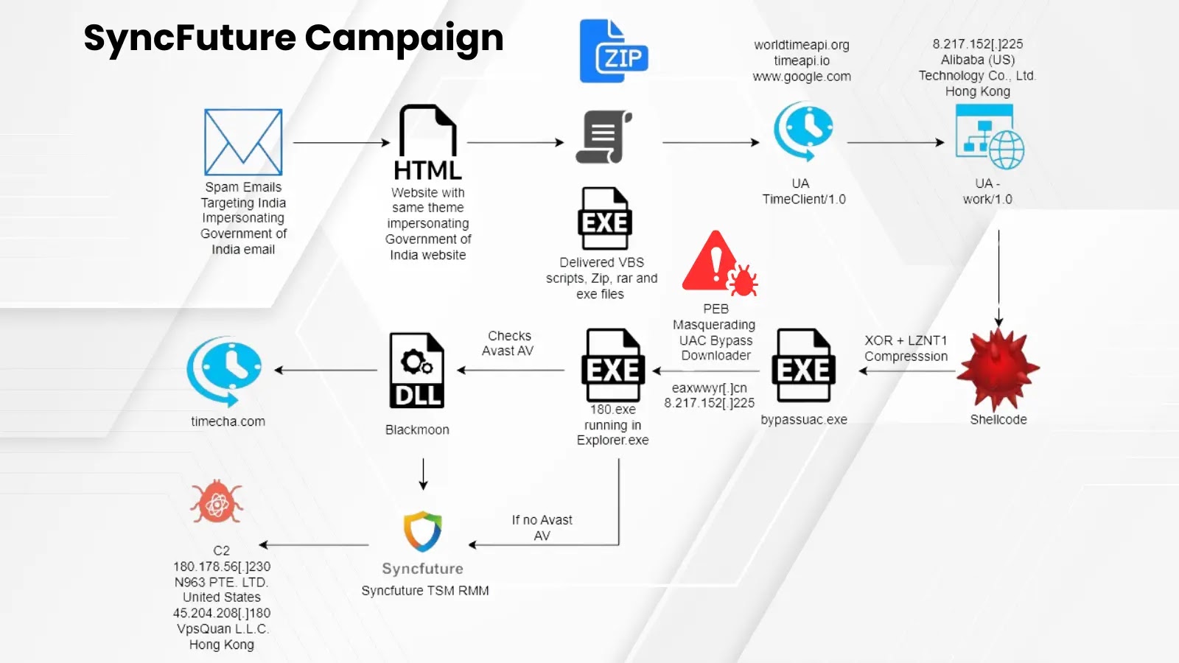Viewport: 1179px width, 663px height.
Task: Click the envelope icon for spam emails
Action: click(243, 142)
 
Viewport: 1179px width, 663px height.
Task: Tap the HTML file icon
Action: click(428, 143)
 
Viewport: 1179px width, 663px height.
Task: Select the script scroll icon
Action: click(604, 137)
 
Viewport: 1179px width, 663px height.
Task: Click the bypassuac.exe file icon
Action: click(803, 366)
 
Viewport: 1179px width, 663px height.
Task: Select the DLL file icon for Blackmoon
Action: click(417, 371)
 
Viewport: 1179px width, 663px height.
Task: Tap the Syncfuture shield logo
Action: click(423, 531)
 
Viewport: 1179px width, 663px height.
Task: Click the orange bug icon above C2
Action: click(217, 502)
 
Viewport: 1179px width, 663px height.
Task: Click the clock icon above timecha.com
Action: click(225, 371)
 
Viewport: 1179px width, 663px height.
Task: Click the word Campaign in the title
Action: click(404, 38)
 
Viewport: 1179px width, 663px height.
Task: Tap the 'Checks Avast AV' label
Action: click(508, 343)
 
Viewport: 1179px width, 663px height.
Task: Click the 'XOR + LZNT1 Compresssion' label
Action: click(906, 348)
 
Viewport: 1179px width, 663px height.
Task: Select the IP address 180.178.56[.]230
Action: click(222, 566)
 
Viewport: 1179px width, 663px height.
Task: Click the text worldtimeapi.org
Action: click(802, 45)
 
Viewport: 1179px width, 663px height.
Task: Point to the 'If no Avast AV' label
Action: click(542, 527)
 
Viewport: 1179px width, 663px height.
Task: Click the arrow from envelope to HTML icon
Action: click(341, 143)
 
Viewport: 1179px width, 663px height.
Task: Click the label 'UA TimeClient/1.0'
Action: click(803, 192)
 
